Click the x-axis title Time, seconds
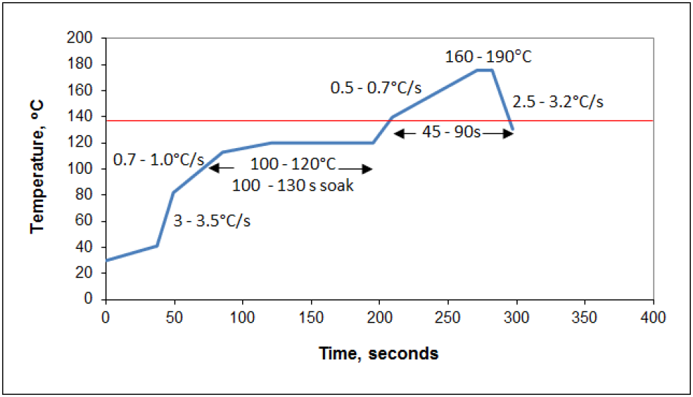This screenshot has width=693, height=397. [379, 354]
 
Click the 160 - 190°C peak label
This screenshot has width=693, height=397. [488, 56]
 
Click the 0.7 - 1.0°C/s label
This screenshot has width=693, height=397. [159, 161]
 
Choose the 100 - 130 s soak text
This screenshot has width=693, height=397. [293, 186]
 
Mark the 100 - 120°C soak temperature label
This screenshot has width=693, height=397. [293, 165]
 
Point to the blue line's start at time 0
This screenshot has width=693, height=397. [106, 260]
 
